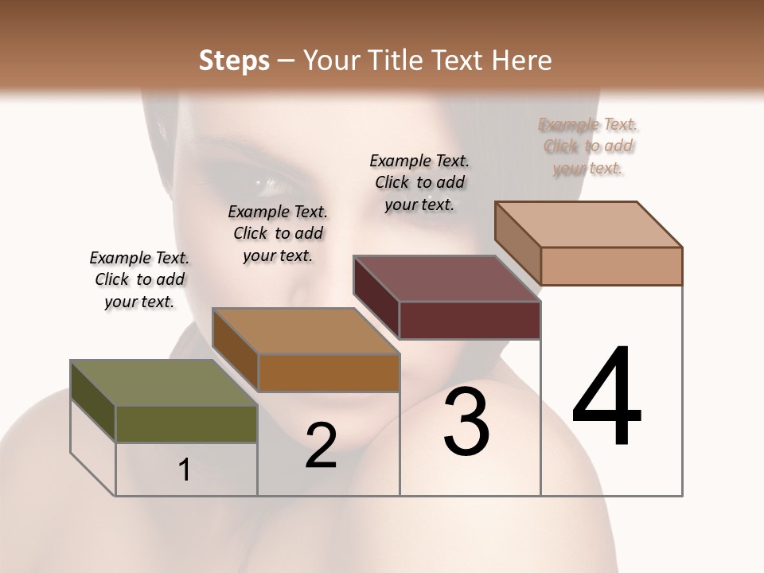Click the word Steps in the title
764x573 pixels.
point(233,60)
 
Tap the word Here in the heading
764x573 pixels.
point(521,60)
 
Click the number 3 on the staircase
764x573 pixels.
point(466,422)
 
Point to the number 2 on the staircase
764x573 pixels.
point(321,446)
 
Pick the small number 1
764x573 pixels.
point(185,470)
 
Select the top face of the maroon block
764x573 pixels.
point(446,279)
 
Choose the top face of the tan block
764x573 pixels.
point(588,224)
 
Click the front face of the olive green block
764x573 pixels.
point(186,424)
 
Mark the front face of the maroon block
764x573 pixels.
point(470,320)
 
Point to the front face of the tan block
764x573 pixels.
point(611,266)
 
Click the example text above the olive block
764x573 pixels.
point(139,279)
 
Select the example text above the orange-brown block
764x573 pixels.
point(278,233)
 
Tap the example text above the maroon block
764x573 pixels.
point(419,182)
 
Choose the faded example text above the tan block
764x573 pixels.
point(588,146)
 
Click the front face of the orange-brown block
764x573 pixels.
point(328,372)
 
